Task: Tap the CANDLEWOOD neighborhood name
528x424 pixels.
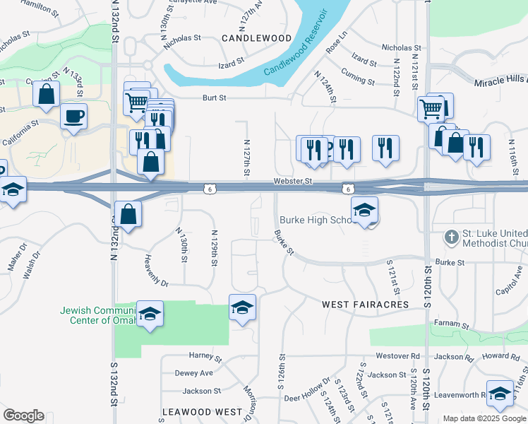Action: click(257, 37)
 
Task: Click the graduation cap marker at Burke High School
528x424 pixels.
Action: click(365, 210)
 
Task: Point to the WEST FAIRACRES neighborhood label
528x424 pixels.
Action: click(365, 305)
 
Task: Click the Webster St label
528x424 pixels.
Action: click(293, 182)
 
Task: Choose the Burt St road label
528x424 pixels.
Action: click(215, 98)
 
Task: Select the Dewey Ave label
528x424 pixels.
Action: click(193, 373)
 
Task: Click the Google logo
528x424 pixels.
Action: click(23, 416)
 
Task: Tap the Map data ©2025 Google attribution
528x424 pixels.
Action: click(484, 418)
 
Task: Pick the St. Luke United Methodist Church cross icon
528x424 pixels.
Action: click(452, 237)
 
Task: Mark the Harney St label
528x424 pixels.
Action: click(205, 355)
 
